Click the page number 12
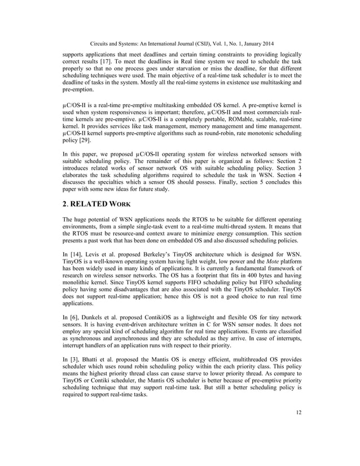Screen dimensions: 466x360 tap(298, 428)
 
